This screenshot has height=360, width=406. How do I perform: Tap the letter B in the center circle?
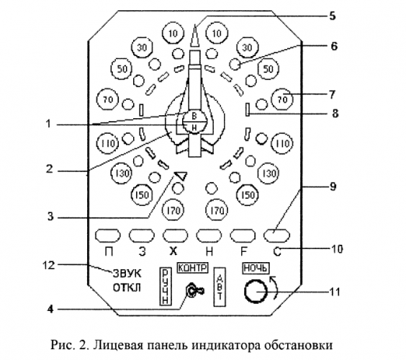click(x=193, y=117)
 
